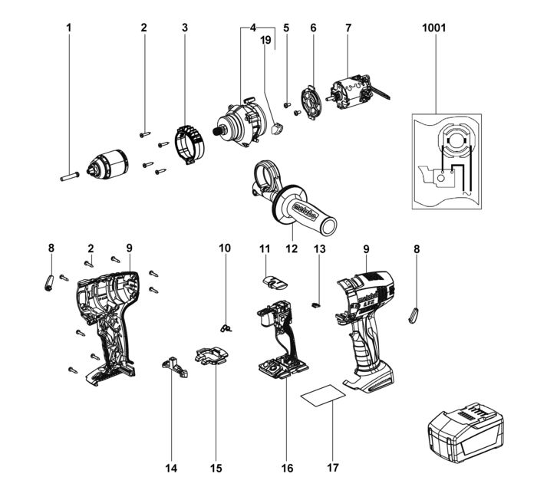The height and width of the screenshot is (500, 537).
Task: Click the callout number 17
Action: (334, 467)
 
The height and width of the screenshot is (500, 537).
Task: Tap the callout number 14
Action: (171, 467)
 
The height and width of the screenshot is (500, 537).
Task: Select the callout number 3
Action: (185, 28)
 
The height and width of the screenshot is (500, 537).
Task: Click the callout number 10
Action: (225, 248)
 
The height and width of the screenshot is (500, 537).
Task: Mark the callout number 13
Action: (320, 248)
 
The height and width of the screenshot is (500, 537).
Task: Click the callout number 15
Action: (216, 467)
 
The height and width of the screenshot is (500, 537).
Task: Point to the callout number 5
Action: (286, 28)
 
